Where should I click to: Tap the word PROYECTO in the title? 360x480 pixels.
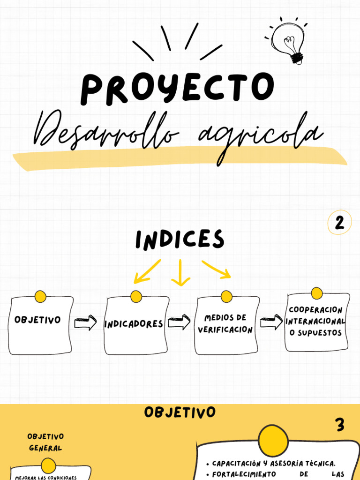(177, 89)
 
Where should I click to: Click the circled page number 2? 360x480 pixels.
(339, 223)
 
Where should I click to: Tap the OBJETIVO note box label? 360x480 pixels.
(37, 320)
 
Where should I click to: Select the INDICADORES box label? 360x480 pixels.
(134, 324)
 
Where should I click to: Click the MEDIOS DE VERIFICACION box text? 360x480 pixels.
(225, 324)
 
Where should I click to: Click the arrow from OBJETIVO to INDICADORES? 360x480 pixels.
(85, 323)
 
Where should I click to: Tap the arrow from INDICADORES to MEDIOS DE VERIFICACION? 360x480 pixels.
(179, 322)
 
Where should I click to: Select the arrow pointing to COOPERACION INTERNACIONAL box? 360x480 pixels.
(271, 322)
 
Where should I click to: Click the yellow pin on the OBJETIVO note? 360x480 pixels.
(40, 296)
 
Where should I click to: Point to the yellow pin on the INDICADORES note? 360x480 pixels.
(136, 296)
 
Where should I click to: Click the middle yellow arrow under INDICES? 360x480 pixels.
(180, 273)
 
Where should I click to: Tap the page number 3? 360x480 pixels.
(340, 426)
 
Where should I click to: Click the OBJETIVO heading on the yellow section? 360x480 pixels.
(180, 412)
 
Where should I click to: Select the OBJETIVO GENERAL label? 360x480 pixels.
(45, 442)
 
